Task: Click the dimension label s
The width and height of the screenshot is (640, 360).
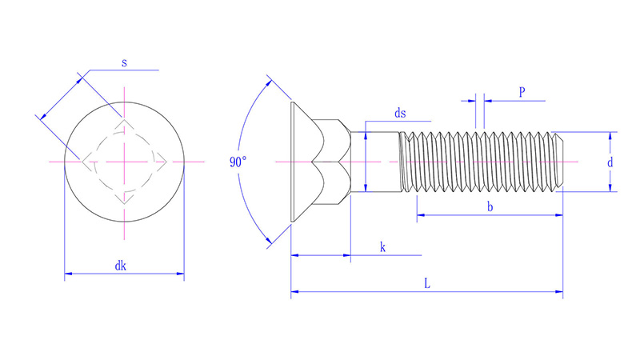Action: pyautogui.click(x=124, y=63)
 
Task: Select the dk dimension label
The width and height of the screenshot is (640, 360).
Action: pyautogui.click(x=121, y=266)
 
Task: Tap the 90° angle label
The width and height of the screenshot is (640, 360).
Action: pyautogui.click(x=238, y=162)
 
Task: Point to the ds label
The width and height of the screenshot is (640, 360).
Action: pyautogui.click(x=400, y=113)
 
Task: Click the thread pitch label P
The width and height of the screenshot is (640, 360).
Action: pyautogui.click(x=522, y=92)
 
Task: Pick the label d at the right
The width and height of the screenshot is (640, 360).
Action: pyautogui.click(x=610, y=162)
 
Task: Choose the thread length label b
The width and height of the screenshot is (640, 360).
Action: pyautogui.click(x=490, y=206)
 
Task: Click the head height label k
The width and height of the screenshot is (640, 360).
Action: pyautogui.click(x=382, y=247)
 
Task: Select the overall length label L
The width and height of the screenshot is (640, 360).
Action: pyautogui.click(x=427, y=283)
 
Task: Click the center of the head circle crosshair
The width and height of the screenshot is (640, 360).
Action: pyautogui.click(x=125, y=162)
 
